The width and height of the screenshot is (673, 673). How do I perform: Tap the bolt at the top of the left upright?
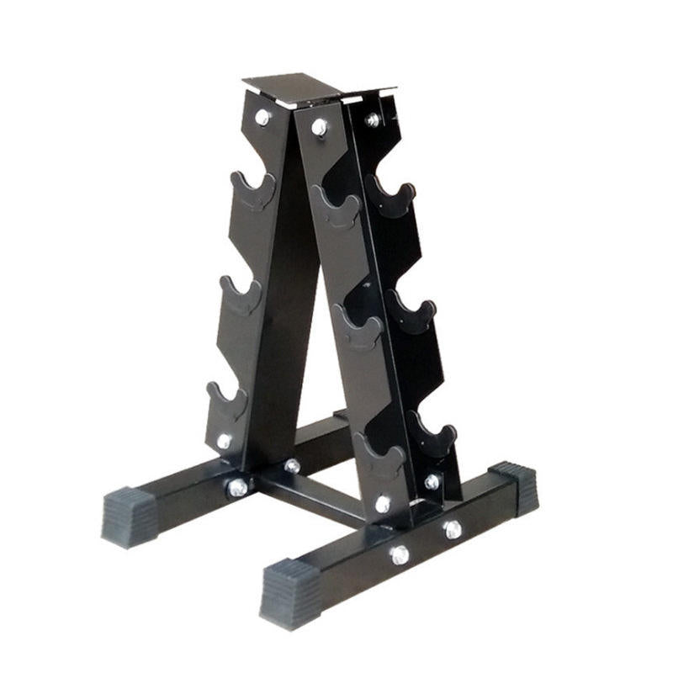[x=263, y=118]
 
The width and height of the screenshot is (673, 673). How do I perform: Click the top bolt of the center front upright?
[x=320, y=127]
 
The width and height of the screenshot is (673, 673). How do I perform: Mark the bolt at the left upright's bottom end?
[x=224, y=441]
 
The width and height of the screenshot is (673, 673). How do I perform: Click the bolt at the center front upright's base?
[x=383, y=504]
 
